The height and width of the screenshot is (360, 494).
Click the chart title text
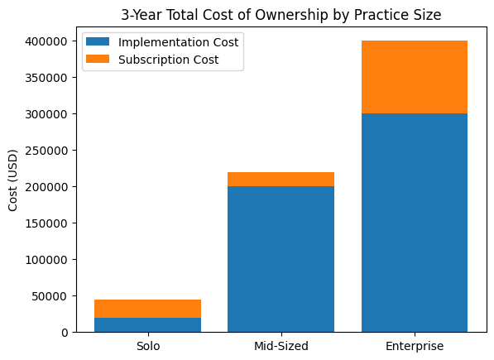coord(281,14)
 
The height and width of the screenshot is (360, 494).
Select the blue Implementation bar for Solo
coord(148,324)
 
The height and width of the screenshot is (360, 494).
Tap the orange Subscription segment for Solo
coord(148,309)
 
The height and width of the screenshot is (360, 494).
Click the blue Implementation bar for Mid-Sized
coord(281,259)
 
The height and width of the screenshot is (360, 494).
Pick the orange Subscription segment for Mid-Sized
coord(281,180)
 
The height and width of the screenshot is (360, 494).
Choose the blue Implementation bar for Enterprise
coord(415,223)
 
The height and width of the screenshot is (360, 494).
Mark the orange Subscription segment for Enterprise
coord(415,77)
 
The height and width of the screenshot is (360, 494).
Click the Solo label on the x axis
coord(148,346)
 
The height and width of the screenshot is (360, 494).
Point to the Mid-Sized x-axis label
coord(281,346)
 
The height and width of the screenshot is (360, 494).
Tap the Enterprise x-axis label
coord(415,346)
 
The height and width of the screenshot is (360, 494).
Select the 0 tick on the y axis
coord(66,332)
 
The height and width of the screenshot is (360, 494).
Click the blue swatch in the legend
coord(98,42)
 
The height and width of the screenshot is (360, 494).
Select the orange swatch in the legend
coord(98,60)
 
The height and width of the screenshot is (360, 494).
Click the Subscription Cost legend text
coord(170,60)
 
